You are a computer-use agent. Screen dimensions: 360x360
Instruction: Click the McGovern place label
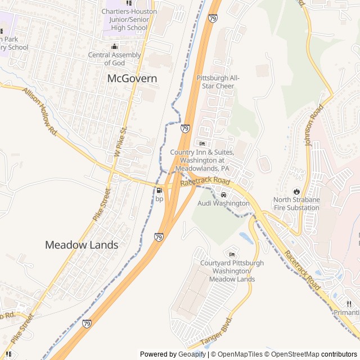[x=132, y=79]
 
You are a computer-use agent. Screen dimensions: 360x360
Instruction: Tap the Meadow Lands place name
[x=82, y=245]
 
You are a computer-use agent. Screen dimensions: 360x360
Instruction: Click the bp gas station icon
[x=159, y=190]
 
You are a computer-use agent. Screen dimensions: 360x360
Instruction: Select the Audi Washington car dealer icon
[x=223, y=195]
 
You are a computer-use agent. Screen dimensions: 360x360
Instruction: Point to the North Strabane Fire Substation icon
[x=296, y=191]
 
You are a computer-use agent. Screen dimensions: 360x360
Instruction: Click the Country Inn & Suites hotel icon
[x=202, y=143]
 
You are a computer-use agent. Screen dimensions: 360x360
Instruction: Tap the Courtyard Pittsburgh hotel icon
[x=232, y=254]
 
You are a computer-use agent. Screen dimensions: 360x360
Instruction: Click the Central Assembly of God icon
[x=115, y=47]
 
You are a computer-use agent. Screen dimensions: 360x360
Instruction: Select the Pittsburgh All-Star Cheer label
[x=218, y=82]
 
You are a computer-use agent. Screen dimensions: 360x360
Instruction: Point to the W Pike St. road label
[x=121, y=141]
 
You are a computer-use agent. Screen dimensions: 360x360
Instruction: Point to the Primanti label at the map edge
[x=346, y=313]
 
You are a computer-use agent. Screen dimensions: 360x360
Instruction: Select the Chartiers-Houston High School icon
[x=129, y=3]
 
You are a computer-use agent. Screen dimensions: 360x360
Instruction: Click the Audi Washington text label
[x=223, y=203]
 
